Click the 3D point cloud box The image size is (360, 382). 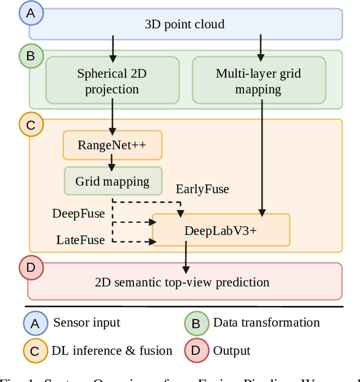[x=185, y=24]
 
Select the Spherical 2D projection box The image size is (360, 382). [x=112, y=82]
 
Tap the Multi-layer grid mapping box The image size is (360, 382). [x=259, y=82]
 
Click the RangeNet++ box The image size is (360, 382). [x=112, y=145]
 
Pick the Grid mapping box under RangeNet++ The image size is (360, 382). [x=112, y=181]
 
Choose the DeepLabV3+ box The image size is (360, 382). [x=220, y=230]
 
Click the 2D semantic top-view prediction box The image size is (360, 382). [x=184, y=281]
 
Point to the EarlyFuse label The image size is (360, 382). [x=202, y=189]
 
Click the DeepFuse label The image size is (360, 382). [x=78, y=213]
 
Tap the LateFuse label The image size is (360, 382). [x=80, y=240]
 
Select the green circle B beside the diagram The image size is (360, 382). [x=31, y=56]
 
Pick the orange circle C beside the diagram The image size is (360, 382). [x=31, y=125]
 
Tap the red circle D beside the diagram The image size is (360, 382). [x=31, y=268]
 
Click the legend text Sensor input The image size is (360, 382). [x=87, y=322]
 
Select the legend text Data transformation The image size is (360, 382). [x=266, y=322]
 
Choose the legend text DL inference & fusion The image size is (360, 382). [x=112, y=351]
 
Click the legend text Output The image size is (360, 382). [x=231, y=351]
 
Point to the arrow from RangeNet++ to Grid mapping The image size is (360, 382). [x=112, y=163]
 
